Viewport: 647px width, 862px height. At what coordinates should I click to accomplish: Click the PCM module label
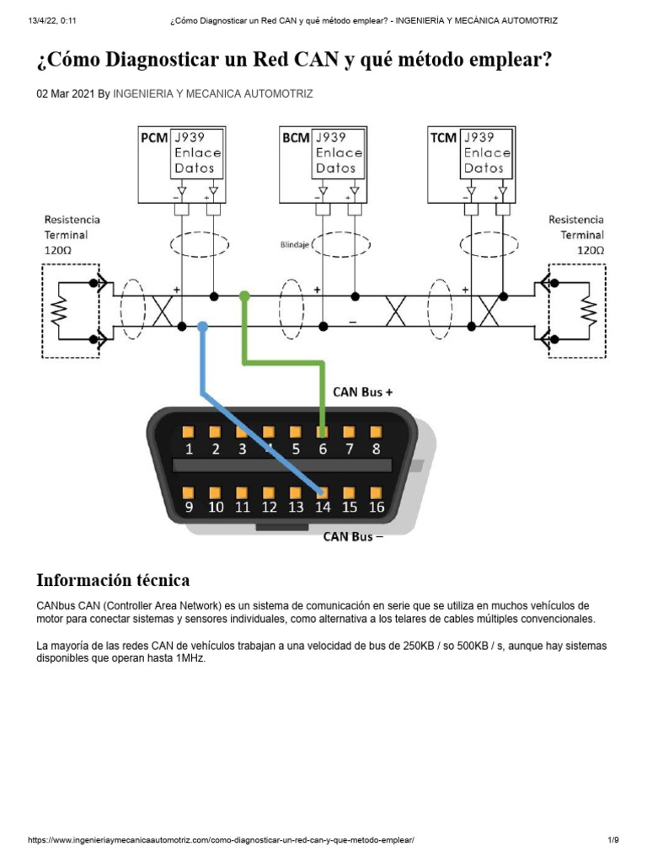coord(154,137)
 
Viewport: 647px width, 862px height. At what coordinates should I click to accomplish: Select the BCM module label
coord(296,137)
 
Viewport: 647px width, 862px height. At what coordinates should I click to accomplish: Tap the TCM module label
coord(443,137)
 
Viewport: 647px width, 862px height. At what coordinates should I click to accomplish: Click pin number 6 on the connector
coord(323,449)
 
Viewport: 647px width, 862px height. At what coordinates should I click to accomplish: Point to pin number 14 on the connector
coord(323,507)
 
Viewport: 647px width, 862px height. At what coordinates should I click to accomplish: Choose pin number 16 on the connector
coord(377,507)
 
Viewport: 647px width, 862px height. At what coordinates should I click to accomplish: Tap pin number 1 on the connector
coord(189,449)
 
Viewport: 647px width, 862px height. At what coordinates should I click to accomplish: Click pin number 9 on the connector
coord(189,507)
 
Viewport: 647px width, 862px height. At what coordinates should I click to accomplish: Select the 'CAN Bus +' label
coord(363,391)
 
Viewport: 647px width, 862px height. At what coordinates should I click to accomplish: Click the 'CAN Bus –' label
coord(353,537)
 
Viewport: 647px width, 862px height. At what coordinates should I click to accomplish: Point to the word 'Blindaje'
coord(294,246)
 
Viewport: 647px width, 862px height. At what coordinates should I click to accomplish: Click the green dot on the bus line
coord(244,296)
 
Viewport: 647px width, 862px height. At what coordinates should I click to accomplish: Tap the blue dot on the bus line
coord(202,326)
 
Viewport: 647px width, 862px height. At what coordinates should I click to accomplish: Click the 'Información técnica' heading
coord(113,580)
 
